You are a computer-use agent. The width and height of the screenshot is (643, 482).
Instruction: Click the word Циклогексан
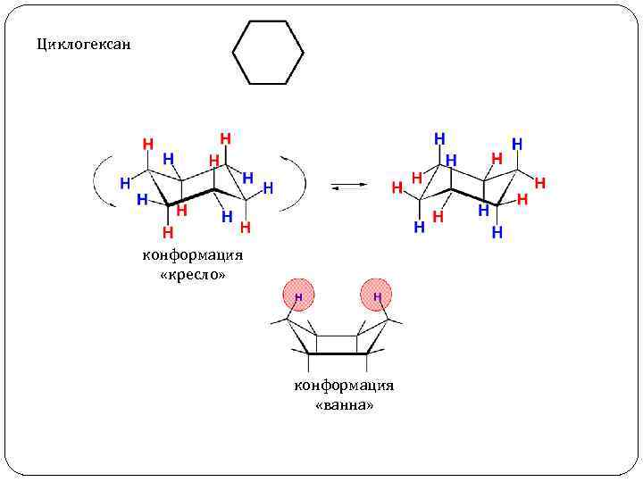click(x=83, y=43)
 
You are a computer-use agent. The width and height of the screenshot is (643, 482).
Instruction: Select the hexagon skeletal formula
click(x=268, y=53)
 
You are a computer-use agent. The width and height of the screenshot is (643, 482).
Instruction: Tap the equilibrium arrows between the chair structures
click(x=348, y=186)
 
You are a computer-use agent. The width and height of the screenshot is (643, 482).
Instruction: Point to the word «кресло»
click(x=193, y=275)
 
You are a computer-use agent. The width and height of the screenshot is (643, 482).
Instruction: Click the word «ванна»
click(x=344, y=405)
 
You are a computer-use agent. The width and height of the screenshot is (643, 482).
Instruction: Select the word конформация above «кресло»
click(x=193, y=256)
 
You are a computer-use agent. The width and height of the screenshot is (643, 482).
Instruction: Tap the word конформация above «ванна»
click(x=344, y=386)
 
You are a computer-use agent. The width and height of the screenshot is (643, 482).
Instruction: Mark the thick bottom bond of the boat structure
click(x=338, y=353)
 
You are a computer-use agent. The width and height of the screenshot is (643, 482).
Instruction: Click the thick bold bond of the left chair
click(x=193, y=198)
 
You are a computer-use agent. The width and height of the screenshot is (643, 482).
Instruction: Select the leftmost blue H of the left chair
click(x=125, y=182)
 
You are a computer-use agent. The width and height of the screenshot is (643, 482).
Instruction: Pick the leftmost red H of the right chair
click(x=397, y=188)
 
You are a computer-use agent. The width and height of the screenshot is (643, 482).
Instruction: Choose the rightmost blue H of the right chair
click(x=517, y=143)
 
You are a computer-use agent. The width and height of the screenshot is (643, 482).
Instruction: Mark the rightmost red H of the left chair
click(x=245, y=228)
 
